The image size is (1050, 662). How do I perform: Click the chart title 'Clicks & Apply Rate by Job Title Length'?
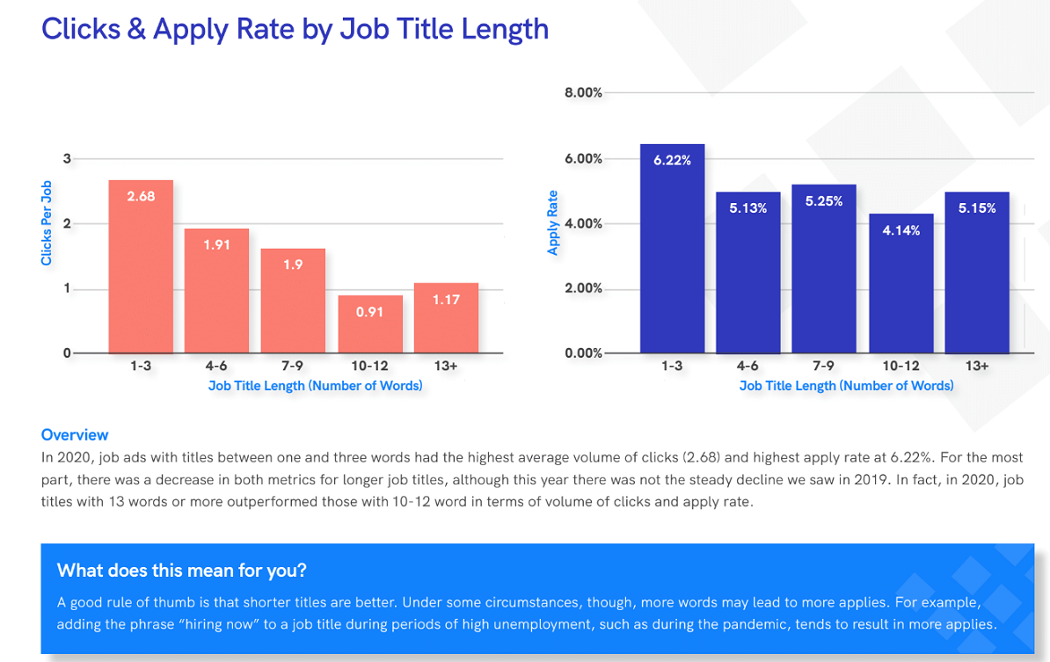pyautogui.click(x=295, y=29)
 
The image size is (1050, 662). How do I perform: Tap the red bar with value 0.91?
pyautogui.click(x=369, y=324)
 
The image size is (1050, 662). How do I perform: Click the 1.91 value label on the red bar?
pyautogui.click(x=216, y=245)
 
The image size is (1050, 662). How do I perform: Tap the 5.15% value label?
pyautogui.click(x=977, y=208)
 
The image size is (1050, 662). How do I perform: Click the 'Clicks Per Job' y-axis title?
pyautogui.click(x=47, y=223)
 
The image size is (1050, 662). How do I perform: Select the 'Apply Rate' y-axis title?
pyautogui.click(x=553, y=223)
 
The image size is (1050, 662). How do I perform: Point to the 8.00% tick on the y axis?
pyautogui.click(x=583, y=92)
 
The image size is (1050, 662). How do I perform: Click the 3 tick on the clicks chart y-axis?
pyautogui.click(x=66, y=158)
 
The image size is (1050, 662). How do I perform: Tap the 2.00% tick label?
pyautogui.click(x=583, y=288)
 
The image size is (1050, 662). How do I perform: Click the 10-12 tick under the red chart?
pyautogui.click(x=369, y=366)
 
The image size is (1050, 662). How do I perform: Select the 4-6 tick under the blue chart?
pyautogui.click(x=747, y=366)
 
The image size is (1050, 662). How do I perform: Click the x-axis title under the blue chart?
pyautogui.click(x=846, y=385)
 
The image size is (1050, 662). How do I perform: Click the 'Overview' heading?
pyautogui.click(x=75, y=434)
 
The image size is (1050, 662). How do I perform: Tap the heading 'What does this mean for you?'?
pyautogui.click(x=181, y=570)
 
